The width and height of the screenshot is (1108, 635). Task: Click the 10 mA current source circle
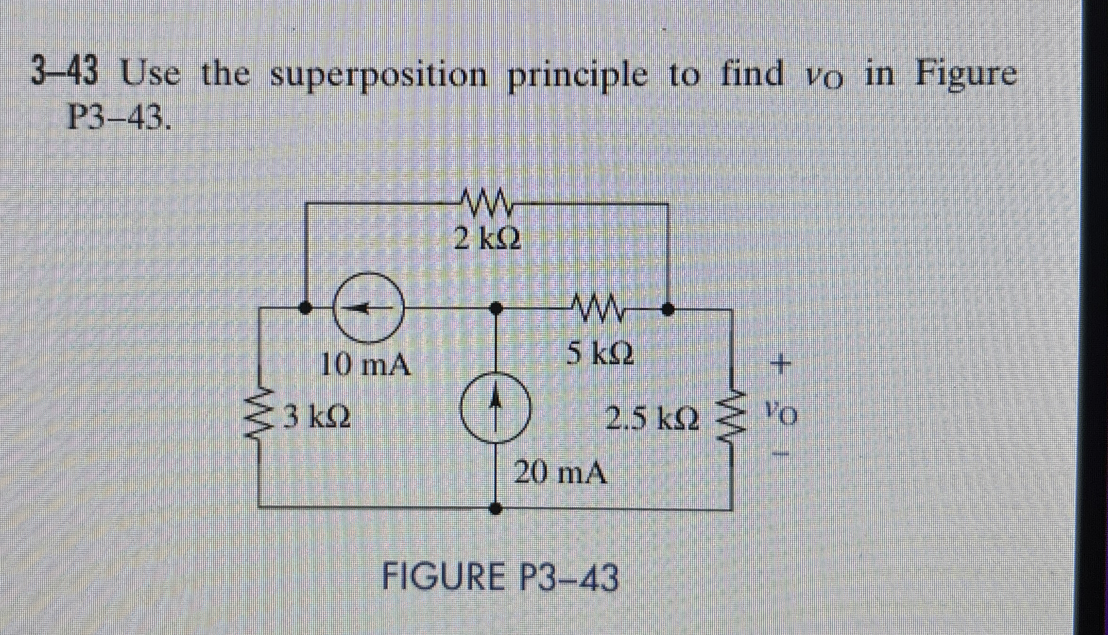(x=369, y=308)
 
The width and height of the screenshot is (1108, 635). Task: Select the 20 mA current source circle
(x=495, y=408)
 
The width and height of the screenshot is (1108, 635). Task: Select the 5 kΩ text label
(x=600, y=353)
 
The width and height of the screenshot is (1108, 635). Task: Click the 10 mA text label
(x=365, y=365)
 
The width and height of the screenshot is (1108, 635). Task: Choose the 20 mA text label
(x=560, y=473)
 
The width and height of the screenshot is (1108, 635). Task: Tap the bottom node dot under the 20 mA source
(x=495, y=509)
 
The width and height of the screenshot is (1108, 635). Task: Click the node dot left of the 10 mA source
(x=306, y=308)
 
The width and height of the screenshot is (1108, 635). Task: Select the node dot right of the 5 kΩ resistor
(x=667, y=309)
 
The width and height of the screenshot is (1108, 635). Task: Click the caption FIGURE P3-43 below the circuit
(x=499, y=577)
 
